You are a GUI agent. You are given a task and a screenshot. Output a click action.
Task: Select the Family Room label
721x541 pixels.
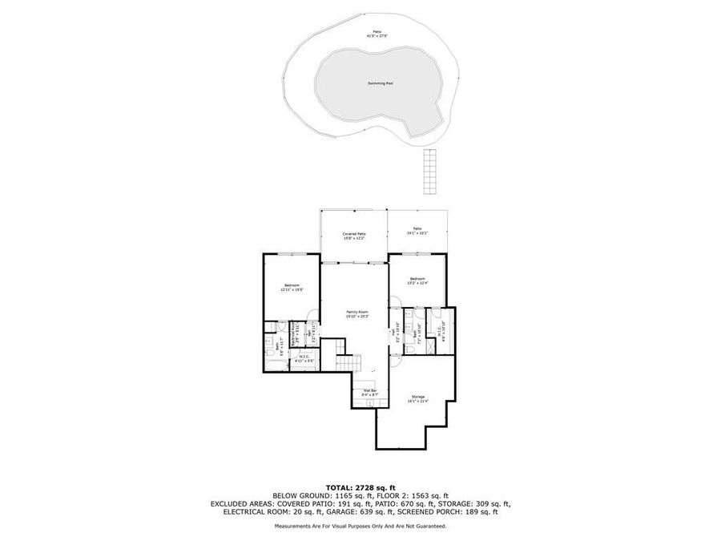click(357, 313)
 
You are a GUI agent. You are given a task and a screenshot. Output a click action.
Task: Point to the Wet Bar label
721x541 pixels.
click(369, 392)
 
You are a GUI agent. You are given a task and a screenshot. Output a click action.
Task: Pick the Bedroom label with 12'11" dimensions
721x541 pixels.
click(292, 287)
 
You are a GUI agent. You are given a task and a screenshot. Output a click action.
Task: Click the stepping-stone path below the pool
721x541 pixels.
click(431, 171)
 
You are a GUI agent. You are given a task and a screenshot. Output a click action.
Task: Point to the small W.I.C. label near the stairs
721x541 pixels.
click(304, 359)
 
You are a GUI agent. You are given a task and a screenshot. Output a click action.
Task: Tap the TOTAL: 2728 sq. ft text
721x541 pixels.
click(360, 487)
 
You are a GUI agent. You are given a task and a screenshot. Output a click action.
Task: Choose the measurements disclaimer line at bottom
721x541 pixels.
click(360, 526)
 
